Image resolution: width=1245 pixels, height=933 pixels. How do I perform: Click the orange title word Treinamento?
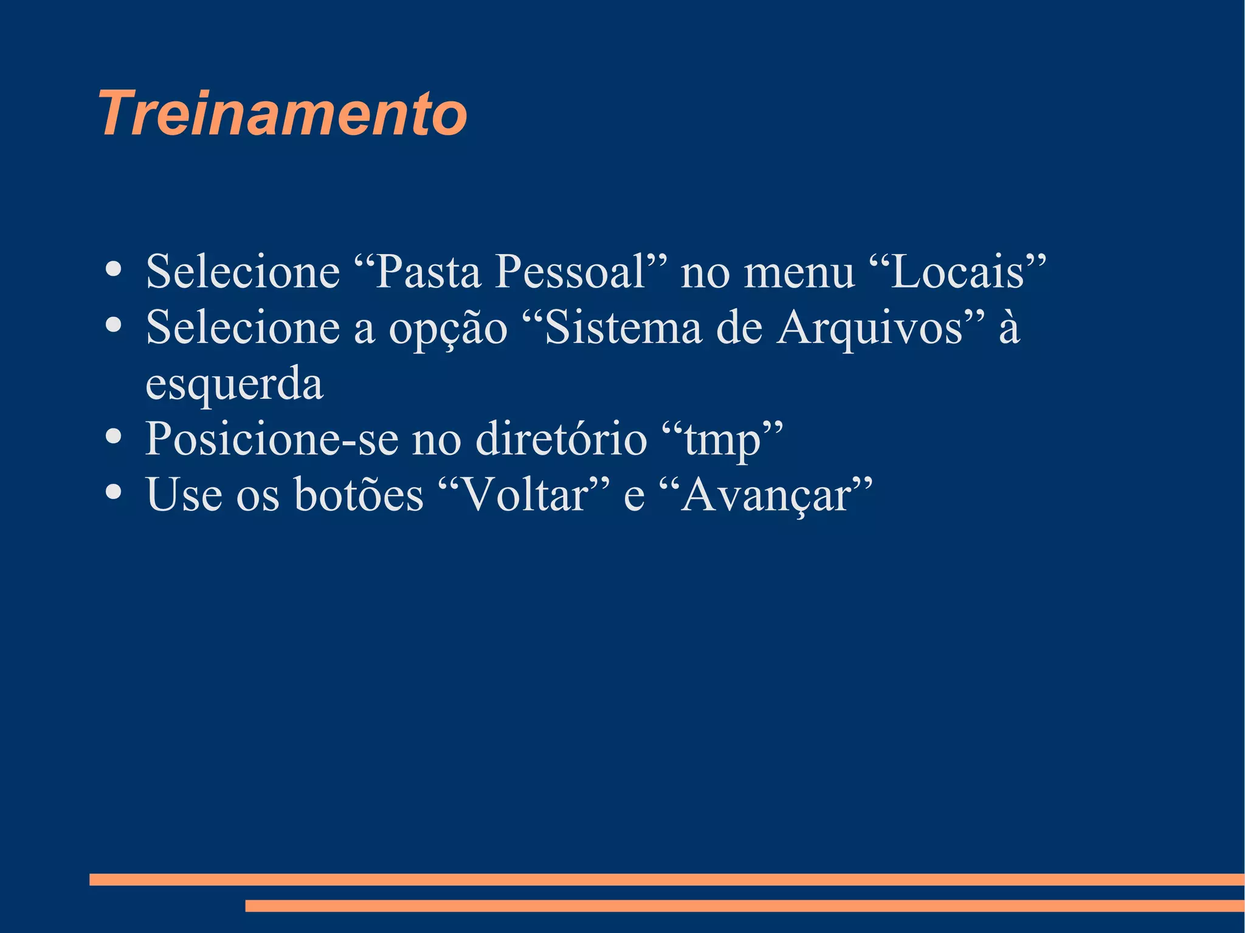coord(283,114)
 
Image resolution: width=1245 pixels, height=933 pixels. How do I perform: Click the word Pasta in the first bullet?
coord(428,271)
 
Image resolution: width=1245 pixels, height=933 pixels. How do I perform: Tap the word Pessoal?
coord(570,271)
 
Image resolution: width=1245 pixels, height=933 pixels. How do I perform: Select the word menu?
coord(799,272)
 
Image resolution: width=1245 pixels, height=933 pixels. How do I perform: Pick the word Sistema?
coord(624,327)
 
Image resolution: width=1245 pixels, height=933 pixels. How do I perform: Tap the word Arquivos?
coord(870,328)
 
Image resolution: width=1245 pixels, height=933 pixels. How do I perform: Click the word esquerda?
coord(234,384)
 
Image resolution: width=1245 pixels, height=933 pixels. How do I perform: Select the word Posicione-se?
coord(272,438)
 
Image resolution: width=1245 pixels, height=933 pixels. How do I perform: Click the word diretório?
coord(561,438)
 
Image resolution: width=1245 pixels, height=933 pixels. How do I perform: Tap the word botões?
coord(359,494)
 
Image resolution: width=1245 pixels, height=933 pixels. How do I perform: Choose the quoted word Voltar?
coord(526,494)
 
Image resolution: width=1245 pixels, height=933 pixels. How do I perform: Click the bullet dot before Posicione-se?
coord(112,436)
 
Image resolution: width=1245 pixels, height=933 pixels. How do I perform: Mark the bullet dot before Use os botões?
coord(112,492)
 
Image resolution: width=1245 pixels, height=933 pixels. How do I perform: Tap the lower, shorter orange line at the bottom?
coord(745,906)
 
